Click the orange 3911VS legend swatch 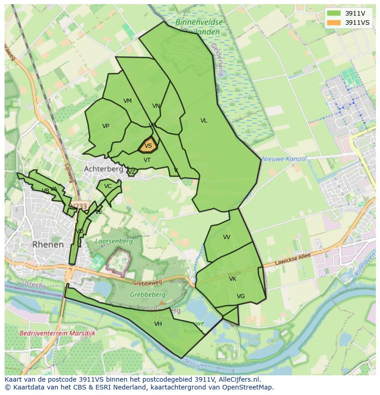334,22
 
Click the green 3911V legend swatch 334,13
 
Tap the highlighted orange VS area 148,146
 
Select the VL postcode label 204,121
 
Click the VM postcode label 128,101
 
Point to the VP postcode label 106,126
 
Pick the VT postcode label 147,160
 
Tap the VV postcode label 227,237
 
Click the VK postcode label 233,279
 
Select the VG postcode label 240,296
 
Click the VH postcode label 158,324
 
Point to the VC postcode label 108,186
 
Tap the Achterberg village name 103,169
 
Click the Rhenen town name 48,245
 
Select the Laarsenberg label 114,241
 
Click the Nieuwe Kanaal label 284,159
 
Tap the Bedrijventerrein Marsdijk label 57,334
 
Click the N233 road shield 78,206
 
